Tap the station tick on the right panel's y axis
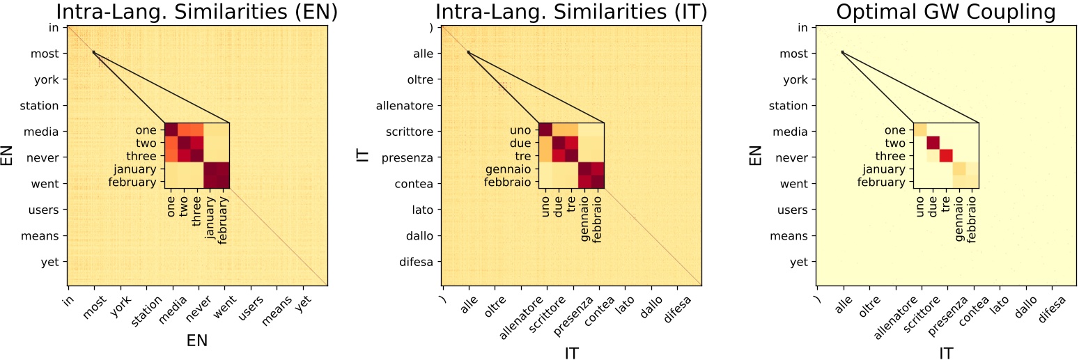coord(789,106)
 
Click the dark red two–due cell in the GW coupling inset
coord(933,143)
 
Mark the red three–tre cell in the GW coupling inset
coord(946,155)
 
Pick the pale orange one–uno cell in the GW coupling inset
coord(919,130)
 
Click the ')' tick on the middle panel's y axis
coord(432,28)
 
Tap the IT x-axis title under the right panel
coord(945,353)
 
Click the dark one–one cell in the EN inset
coord(171,130)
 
